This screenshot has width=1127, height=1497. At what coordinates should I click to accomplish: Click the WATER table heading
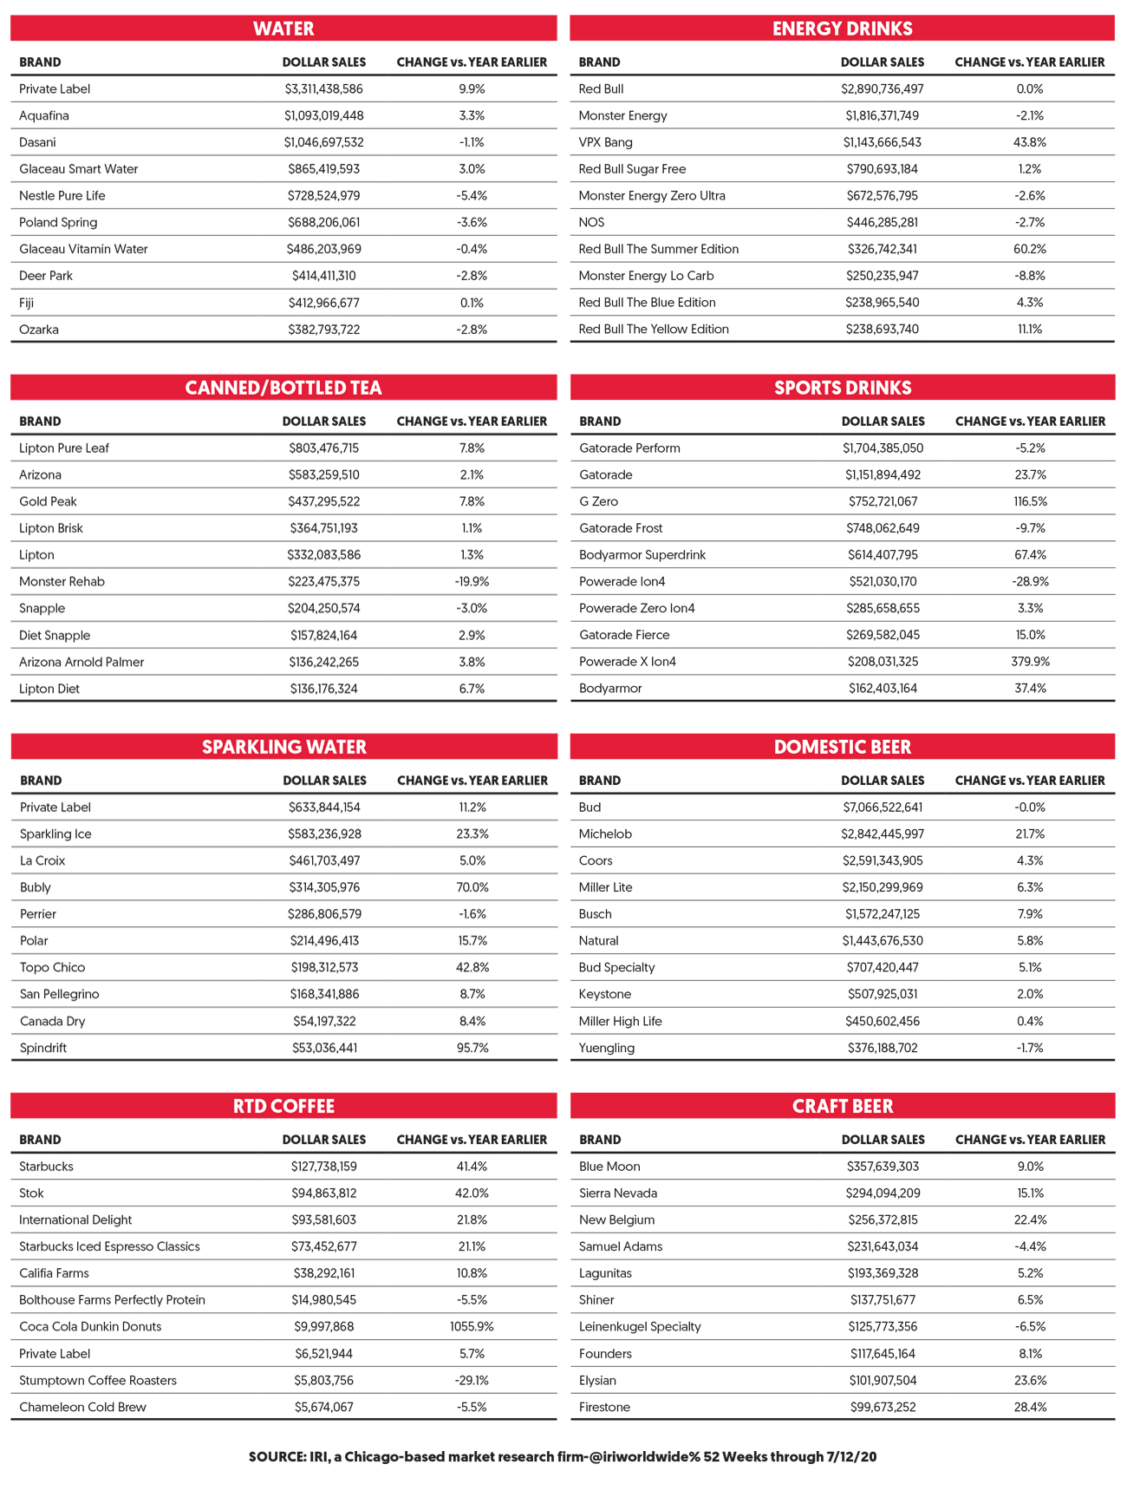click(x=283, y=29)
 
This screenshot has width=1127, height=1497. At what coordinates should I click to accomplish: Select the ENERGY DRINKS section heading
click(x=842, y=29)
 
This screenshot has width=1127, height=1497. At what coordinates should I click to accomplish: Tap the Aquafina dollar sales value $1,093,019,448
click(x=324, y=115)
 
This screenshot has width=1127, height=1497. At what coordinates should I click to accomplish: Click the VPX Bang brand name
click(x=605, y=142)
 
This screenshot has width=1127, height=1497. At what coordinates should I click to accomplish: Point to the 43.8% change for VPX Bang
click(x=1030, y=142)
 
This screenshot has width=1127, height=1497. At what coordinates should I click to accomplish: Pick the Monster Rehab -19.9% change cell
click(x=472, y=581)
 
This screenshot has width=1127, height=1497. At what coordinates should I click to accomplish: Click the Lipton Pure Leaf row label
click(x=64, y=448)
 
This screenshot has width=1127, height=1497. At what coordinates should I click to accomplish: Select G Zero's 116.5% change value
click(x=1030, y=501)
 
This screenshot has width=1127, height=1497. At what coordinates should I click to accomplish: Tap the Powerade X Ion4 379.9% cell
click(x=1030, y=662)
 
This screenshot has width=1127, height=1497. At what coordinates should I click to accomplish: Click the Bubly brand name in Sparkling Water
click(x=36, y=887)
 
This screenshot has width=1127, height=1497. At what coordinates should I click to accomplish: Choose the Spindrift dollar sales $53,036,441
click(x=324, y=1048)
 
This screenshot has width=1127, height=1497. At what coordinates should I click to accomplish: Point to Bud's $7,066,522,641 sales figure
click(x=883, y=807)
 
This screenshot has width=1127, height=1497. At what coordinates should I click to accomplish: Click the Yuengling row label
click(x=607, y=1048)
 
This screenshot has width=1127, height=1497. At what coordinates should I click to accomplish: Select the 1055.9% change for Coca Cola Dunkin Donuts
click(x=472, y=1327)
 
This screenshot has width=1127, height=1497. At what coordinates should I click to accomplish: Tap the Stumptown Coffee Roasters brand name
click(x=98, y=1381)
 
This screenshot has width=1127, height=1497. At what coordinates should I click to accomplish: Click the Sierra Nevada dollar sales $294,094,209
click(x=883, y=1193)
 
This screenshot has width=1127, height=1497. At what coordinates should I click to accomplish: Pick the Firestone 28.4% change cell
click(x=1030, y=1408)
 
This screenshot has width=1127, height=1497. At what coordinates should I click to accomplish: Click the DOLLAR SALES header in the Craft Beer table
click(x=883, y=1140)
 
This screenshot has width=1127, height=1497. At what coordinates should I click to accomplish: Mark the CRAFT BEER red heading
click(x=842, y=1107)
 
